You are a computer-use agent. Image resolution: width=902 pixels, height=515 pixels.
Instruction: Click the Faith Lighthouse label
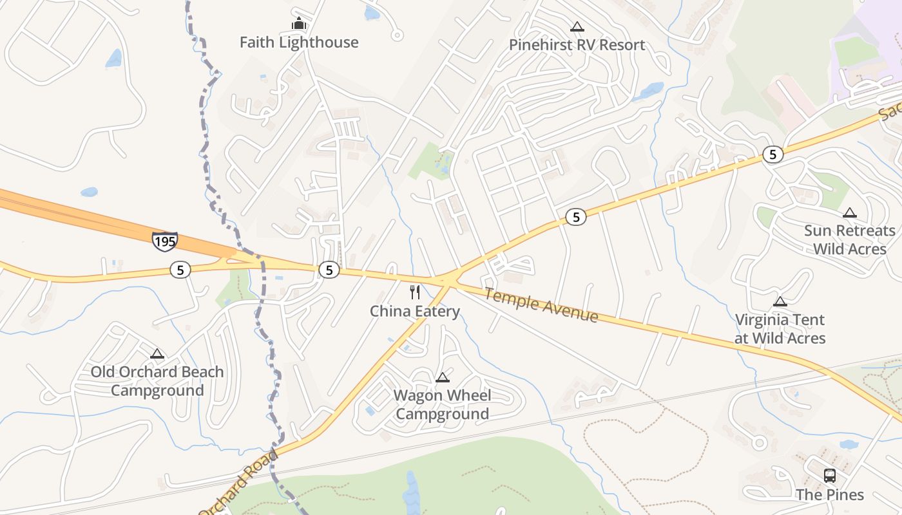pos(299,42)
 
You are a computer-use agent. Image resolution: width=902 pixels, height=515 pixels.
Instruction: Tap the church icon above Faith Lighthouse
pos(298,24)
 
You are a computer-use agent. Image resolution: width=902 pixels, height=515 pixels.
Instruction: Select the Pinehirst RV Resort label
pos(577,45)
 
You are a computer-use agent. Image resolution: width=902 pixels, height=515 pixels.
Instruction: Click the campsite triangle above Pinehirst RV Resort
pos(577,27)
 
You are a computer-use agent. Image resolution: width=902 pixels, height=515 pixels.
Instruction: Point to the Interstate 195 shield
pos(164,241)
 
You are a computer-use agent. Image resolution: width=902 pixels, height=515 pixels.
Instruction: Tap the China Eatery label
pos(415,312)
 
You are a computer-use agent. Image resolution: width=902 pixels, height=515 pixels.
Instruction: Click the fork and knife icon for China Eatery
pos(415,292)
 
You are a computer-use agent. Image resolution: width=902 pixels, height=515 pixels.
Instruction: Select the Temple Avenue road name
pos(541,305)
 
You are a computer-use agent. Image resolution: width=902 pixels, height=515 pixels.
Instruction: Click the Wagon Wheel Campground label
pos(442,405)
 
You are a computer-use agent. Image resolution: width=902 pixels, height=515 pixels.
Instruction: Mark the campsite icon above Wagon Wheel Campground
pos(442,377)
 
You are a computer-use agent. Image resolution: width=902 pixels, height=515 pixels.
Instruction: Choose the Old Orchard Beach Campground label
pos(157,381)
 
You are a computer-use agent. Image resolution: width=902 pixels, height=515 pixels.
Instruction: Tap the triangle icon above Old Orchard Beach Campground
pos(157,353)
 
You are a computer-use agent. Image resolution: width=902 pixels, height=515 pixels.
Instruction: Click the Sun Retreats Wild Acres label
pos(850,239)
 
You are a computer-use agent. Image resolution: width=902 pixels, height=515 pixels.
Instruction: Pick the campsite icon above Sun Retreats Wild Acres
pos(850,213)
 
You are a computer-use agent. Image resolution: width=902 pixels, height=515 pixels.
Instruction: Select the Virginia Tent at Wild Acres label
pos(780,329)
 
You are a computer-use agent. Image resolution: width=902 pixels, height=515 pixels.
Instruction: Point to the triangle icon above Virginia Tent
pos(780,301)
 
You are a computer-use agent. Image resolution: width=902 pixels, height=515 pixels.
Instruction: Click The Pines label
pos(829,494)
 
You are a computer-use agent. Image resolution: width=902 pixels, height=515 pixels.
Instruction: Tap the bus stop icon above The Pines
pos(830,476)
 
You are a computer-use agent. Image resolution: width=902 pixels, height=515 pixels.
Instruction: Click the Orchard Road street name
pos(240,483)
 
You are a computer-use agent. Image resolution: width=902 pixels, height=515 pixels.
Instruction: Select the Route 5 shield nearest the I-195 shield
pos(180,270)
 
